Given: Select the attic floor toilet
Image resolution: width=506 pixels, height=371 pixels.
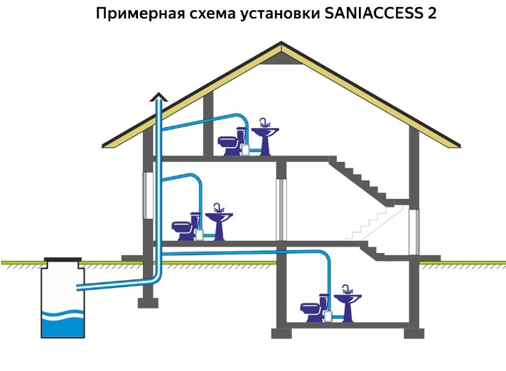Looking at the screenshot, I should click(x=230, y=143).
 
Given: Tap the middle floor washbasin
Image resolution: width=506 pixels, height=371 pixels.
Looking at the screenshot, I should click(x=219, y=222).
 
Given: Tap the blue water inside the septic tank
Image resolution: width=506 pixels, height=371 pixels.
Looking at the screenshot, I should click(x=63, y=323).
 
